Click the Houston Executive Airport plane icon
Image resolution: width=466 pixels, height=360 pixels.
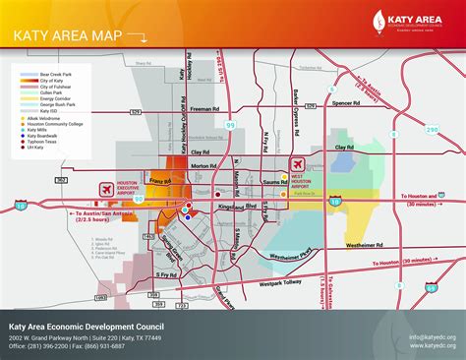106,189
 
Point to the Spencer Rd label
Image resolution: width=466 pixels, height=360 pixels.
345,102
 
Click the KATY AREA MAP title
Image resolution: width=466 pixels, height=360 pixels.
60,38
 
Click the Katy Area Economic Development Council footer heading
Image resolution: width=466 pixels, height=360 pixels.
87,327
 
